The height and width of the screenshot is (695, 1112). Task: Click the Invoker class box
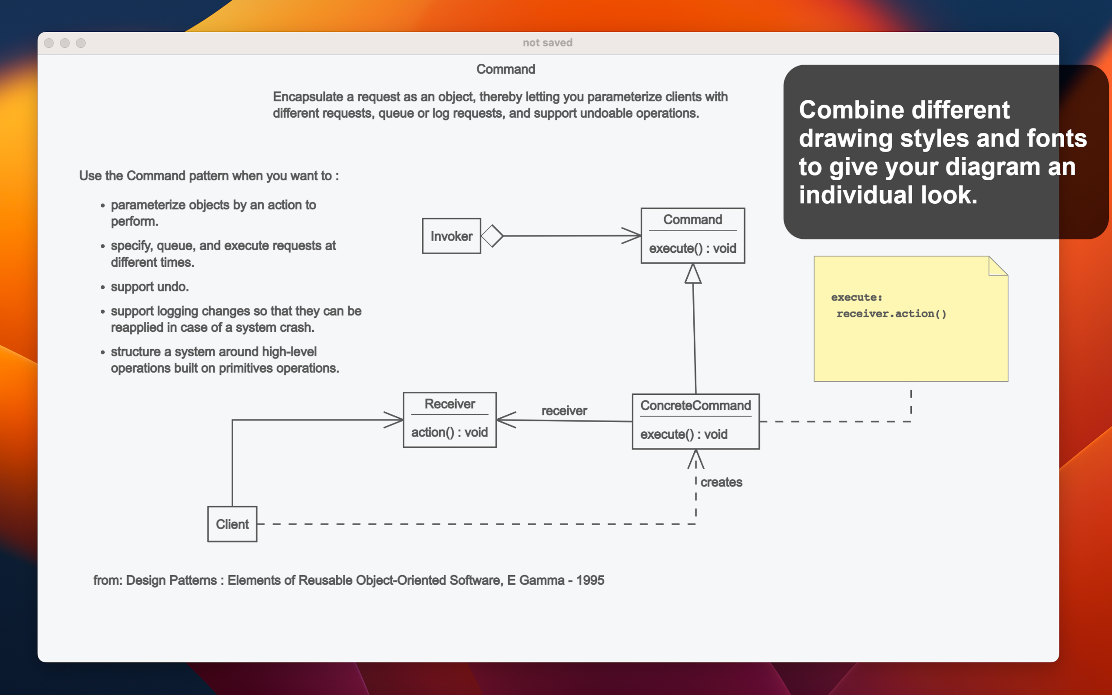[451, 236]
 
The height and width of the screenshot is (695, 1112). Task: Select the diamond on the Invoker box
[492, 236]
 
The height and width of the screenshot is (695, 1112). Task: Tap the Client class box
[232, 524]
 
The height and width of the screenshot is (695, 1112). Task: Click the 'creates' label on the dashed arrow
[721, 482]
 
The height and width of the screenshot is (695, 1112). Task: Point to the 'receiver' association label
[564, 410]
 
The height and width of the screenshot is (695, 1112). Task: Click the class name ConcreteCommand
[695, 405]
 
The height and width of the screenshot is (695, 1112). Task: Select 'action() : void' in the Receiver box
[449, 432]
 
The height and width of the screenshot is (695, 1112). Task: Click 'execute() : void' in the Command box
[692, 248]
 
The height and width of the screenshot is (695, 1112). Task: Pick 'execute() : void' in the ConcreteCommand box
[683, 434]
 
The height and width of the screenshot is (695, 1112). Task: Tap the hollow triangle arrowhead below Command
[693, 275]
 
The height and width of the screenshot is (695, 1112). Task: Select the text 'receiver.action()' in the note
[891, 314]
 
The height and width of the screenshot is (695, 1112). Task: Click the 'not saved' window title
[547, 43]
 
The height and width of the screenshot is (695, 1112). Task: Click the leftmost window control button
[49, 43]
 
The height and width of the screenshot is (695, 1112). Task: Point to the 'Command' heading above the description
[506, 69]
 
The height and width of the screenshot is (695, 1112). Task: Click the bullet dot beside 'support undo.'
[103, 288]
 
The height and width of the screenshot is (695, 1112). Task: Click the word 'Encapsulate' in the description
[308, 97]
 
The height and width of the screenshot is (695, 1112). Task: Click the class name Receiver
[450, 404]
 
